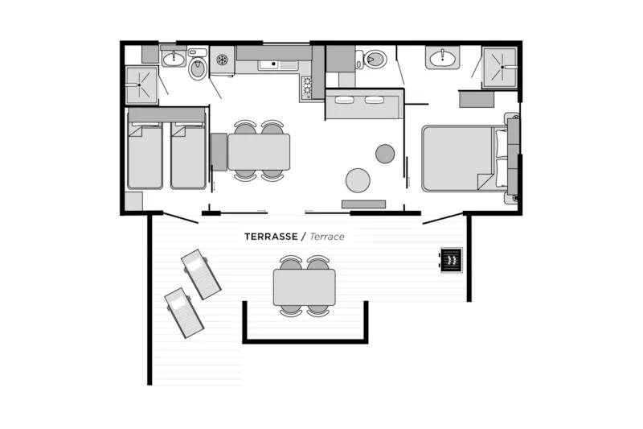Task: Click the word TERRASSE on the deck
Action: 271,237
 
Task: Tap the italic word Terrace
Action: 327,237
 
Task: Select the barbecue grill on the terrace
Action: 452,260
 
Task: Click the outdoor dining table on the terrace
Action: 305,287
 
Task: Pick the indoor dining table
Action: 259,152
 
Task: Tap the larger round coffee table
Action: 358,180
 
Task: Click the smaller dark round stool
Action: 385,154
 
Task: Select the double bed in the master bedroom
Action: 464,159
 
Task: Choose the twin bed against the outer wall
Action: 145,155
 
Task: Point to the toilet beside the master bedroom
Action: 371,60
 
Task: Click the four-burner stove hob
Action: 307,87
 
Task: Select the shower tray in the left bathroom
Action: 141,85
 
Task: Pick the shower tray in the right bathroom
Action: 500,68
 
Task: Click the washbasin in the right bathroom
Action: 443,58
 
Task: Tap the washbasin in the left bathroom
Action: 174,58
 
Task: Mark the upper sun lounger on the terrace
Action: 201,274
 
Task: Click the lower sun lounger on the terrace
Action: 184,313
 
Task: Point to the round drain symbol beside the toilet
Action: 222,60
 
